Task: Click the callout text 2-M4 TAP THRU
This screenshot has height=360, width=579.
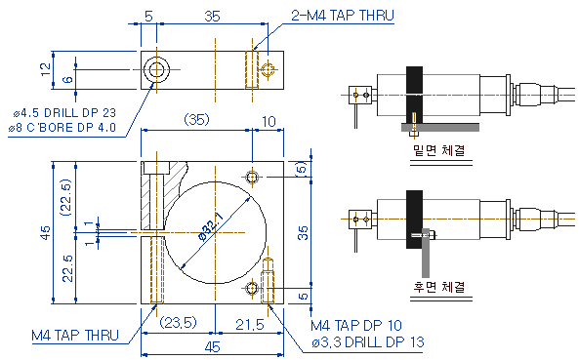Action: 343,16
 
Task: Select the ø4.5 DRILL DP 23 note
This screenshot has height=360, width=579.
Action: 64,112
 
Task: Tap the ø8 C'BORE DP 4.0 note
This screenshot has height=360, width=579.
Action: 62,128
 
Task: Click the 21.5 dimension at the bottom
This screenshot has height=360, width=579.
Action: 250,325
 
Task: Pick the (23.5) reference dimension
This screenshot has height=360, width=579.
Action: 178,323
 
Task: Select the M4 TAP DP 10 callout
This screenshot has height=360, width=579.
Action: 356,325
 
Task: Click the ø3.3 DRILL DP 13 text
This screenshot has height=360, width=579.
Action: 368,342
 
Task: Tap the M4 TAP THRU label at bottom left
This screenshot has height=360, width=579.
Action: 75,336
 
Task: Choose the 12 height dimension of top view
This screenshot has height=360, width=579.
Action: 46,69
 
